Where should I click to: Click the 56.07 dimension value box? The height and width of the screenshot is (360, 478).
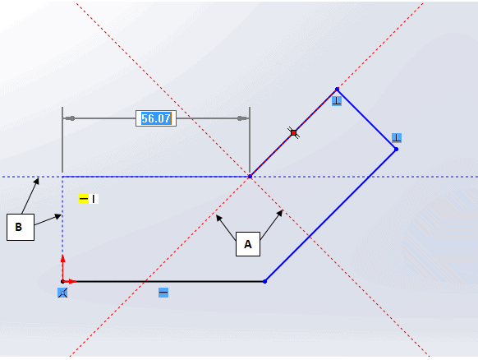(x=156, y=118)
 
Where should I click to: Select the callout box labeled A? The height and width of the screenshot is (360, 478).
(x=248, y=244)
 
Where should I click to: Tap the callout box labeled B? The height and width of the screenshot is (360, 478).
(x=21, y=227)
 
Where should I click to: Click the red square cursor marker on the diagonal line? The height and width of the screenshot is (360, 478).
(x=293, y=132)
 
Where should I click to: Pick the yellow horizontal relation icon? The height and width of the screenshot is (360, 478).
(x=84, y=199)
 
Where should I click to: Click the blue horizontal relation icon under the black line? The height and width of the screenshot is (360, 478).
(x=163, y=293)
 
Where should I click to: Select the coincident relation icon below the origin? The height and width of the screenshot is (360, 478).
(x=62, y=293)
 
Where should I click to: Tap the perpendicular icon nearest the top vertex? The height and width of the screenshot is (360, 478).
(x=337, y=101)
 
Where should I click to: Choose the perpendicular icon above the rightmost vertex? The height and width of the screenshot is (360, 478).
(x=397, y=138)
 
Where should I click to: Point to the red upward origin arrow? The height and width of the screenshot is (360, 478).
(x=62, y=267)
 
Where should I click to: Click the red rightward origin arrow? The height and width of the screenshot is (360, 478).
(x=70, y=281)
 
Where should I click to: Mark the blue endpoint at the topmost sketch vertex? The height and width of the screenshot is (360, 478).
(x=337, y=89)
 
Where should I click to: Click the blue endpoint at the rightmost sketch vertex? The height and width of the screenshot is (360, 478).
(x=396, y=150)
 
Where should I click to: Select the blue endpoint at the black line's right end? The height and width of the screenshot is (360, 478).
(x=265, y=281)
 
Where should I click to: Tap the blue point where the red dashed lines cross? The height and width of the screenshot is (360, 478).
(x=250, y=177)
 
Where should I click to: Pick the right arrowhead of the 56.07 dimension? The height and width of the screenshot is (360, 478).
(x=243, y=118)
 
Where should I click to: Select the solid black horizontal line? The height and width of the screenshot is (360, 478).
(x=163, y=281)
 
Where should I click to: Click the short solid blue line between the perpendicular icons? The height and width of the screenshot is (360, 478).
(x=366, y=119)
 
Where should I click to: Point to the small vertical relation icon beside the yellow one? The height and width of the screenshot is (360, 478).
(x=94, y=199)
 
